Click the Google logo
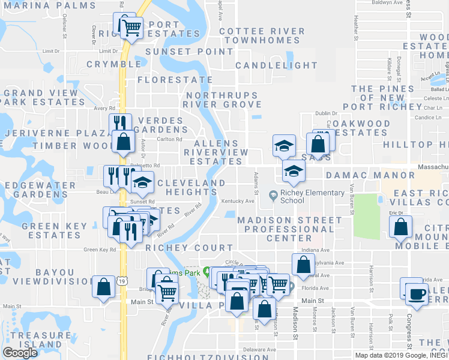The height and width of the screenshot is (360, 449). click(20, 353)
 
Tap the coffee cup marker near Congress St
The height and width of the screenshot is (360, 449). click(417, 294)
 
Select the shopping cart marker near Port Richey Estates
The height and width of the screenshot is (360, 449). click(131, 26)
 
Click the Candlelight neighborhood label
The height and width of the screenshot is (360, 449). click(277, 65)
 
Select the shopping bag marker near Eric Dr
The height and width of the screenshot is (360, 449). click(400, 227)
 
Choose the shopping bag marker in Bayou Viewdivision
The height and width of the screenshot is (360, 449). click(104, 286)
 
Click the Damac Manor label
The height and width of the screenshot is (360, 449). click(370, 175)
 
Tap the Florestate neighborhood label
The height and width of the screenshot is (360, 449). click(175, 79)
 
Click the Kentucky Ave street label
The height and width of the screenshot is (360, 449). click(238, 201)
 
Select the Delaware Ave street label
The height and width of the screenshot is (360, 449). click(259, 349)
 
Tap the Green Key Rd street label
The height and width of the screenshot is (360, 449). click(99, 250)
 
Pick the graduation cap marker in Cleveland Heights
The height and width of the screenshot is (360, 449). click(142, 182)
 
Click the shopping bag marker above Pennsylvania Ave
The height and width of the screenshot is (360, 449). click(303, 264)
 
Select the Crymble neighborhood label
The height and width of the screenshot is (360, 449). click(113, 64)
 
